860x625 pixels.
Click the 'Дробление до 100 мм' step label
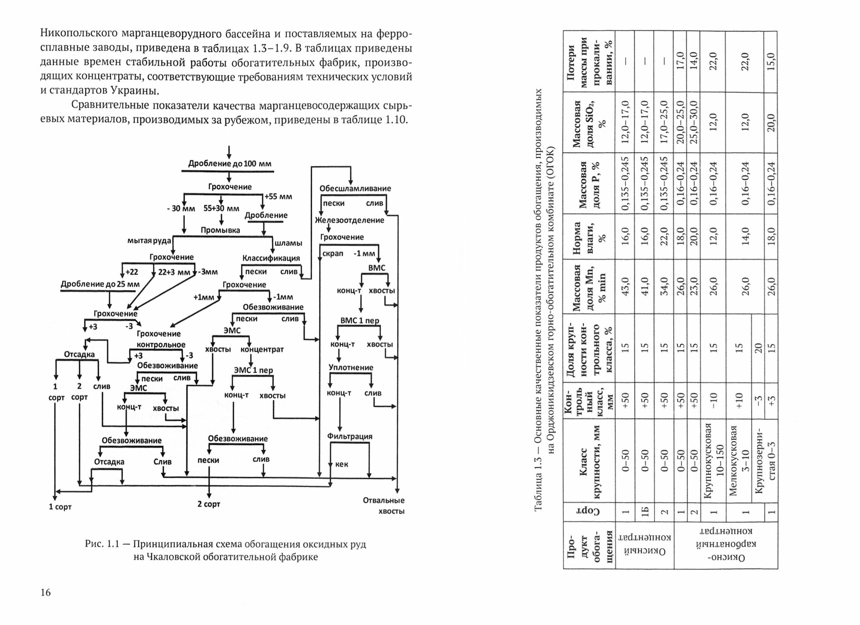230,164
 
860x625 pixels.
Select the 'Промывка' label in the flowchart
220,230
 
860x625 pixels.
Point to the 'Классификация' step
271,258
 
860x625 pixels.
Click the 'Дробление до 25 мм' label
100,284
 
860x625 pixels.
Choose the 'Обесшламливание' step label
355,188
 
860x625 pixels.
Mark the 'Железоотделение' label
349,220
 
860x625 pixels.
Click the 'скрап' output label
333,254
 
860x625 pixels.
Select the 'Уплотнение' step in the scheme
351,368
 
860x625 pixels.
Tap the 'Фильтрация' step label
350,436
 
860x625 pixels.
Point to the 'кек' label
341,464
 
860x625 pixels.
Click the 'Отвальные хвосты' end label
384,506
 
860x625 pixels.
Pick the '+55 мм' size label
278,197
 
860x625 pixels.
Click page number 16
46,593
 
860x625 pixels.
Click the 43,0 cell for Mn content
626,286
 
